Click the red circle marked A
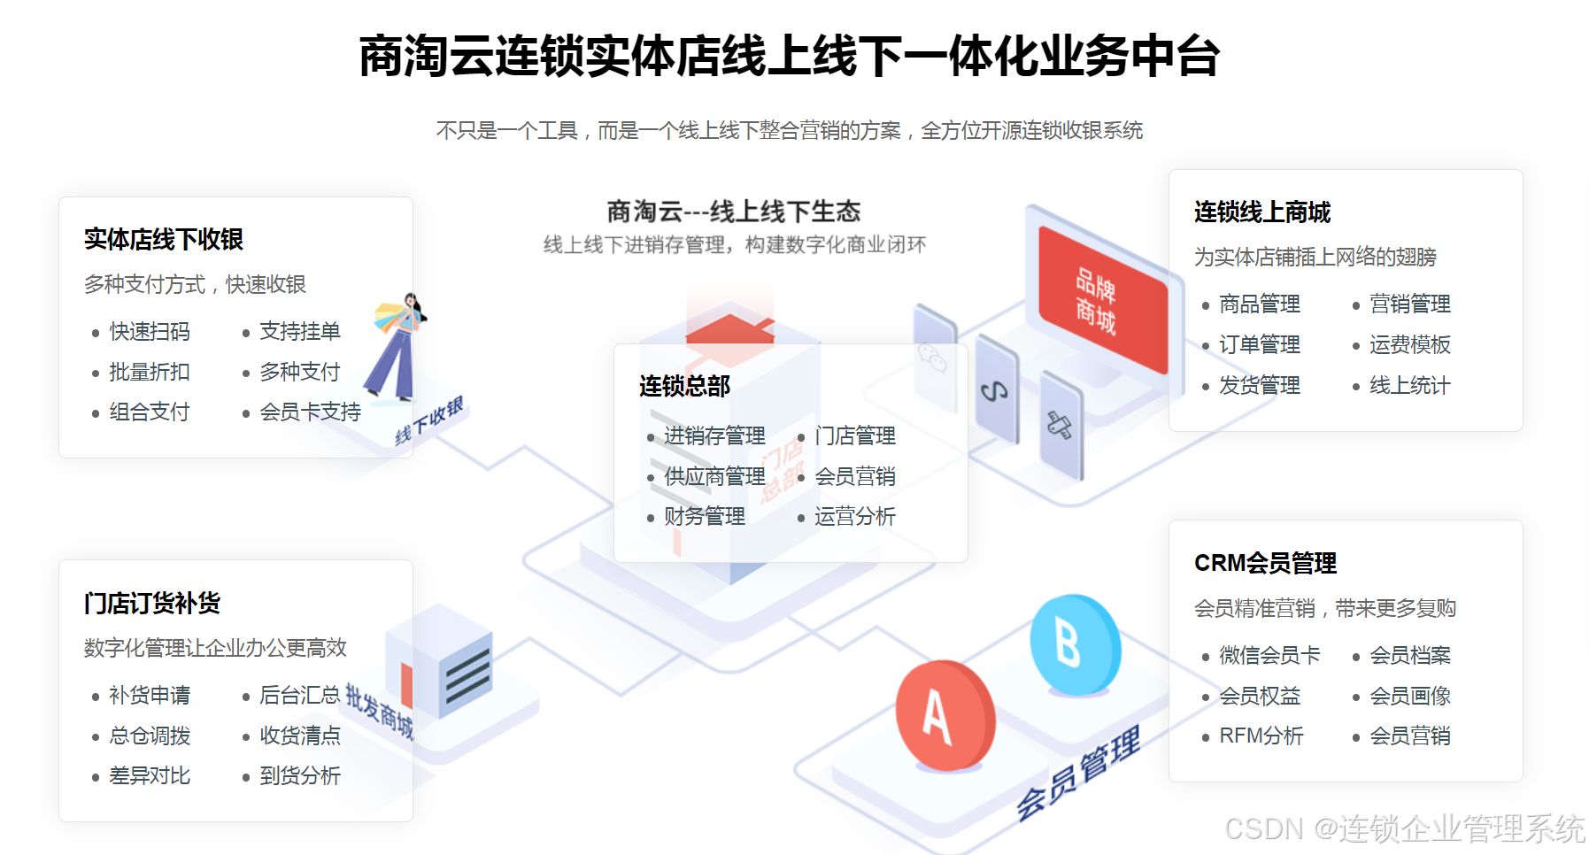[x=944, y=715]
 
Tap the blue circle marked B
[x=1074, y=643]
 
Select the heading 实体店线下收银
[x=164, y=239]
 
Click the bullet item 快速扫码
[x=149, y=332]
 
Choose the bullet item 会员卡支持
[x=310, y=412]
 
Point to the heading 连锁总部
[x=684, y=386]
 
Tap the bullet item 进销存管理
[x=714, y=436]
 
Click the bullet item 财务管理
[x=705, y=517]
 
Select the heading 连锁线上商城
[x=1262, y=212]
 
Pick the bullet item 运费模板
[x=1409, y=345]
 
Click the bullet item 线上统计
[x=1409, y=386]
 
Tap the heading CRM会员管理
[x=1265, y=563]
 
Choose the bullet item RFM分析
[x=1261, y=736]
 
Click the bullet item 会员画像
[x=1409, y=697]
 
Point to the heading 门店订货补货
[x=152, y=604]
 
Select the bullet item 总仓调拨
[x=149, y=736]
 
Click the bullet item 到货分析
[x=299, y=776]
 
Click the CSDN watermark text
[x=1404, y=829]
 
